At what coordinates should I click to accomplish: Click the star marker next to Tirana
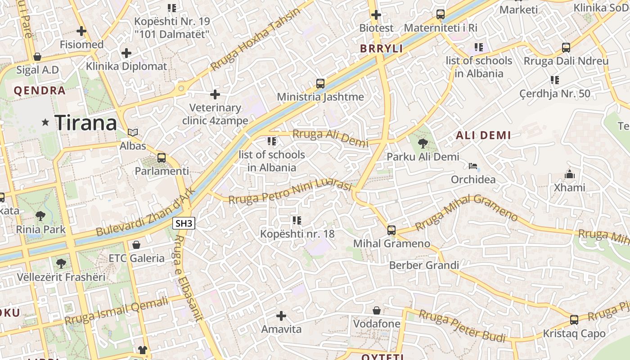point(45,122)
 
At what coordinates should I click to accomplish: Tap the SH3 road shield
point(184,223)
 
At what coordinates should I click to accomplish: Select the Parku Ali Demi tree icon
point(423,144)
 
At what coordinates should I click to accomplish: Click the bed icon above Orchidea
point(473,166)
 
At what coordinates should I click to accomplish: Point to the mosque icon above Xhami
point(569,174)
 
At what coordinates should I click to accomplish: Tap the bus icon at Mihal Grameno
point(391,230)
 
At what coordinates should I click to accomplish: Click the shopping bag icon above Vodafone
point(377,310)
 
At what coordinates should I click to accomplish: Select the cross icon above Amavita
point(281,316)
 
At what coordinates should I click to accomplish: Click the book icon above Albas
point(133,132)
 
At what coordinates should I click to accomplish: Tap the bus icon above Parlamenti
point(162,158)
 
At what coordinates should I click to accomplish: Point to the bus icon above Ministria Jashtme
point(320,83)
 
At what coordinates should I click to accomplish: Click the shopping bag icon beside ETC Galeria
point(136,245)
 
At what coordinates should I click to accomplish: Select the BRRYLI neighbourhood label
point(382,49)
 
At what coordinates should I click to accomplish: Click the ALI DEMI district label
point(483,135)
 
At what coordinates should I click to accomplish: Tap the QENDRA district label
point(40,90)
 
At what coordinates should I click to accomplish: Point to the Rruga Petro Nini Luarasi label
point(290,192)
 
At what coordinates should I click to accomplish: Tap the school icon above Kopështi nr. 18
point(297,220)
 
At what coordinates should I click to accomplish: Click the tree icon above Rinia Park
point(40,216)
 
